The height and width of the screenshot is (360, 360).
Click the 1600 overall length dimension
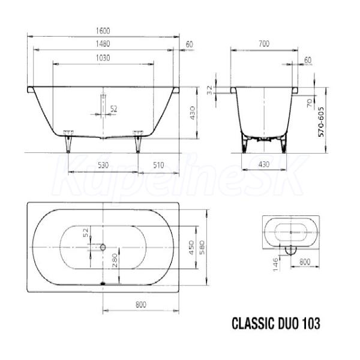(x=103, y=31)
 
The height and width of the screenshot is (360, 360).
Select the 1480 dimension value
(x=103, y=44)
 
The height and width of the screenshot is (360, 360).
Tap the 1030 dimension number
(x=103, y=58)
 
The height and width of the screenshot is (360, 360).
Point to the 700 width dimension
(x=264, y=43)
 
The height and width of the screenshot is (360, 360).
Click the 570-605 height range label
(x=321, y=122)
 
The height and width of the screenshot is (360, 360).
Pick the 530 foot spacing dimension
(x=103, y=165)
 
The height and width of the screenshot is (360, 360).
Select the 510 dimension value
(x=158, y=165)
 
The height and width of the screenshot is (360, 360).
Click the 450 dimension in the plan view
(x=191, y=248)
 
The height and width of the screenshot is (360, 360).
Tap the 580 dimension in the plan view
(x=202, y=247)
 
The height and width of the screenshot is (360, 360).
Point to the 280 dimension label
(x=115, y=260)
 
